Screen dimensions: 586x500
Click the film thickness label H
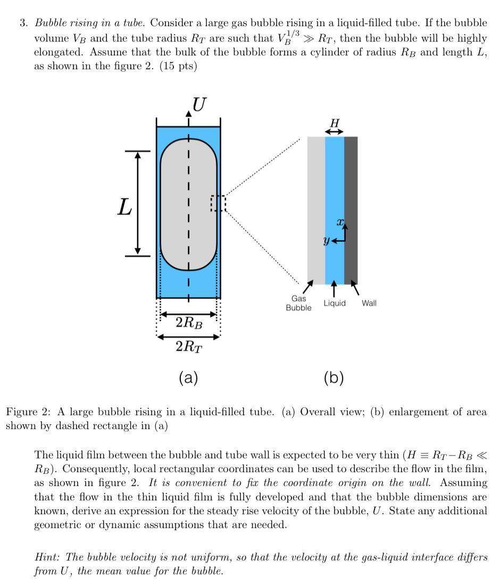[x=335, y=123]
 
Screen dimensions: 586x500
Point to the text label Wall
[x=369, y=303]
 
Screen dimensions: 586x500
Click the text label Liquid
[x=335, y=303]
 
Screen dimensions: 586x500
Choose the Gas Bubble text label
[x=298, y=303]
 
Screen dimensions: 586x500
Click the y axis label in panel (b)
[x=326, y=240]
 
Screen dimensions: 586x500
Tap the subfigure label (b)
[x=334, y=378]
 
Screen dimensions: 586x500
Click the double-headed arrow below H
[x=335, y=131]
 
